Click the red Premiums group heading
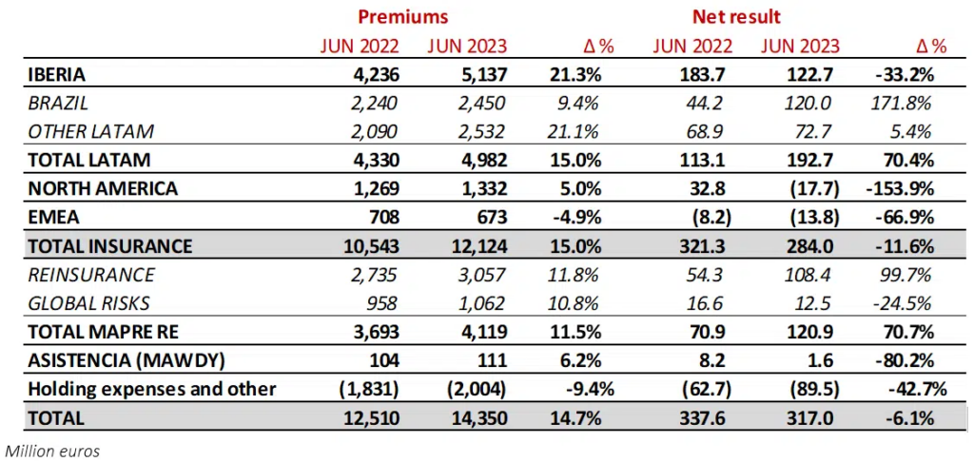pos(402,16)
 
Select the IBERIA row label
pos(58,73)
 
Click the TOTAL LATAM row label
pos(88,160)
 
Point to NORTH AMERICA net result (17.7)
pos(815,188)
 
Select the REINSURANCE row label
pos(91,275)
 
